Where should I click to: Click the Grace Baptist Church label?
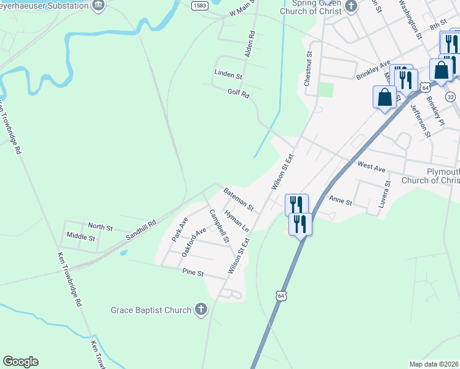pyautogui.click(x=151, y=310)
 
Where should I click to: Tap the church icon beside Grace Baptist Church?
pyautogui.click(x=201, y=310)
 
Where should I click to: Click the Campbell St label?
pyautogui.click(x=219, y=226)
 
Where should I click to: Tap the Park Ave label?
pyautogui.click(x=180, y=228)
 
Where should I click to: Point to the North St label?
pyautogui.click(x=100, y=228)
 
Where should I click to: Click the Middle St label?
pyautogui.click(x=81, y=237)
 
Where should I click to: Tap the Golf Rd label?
pyautogui.click(x=238, y=93)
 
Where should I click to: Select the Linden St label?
pyautogui.click(x=228, y=74)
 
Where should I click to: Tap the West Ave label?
pyautogui.click(x=371, y=166)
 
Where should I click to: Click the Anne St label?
pyautogui.click(x=340, y=201)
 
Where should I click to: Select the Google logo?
pyautogui.click(x=20, y=362)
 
